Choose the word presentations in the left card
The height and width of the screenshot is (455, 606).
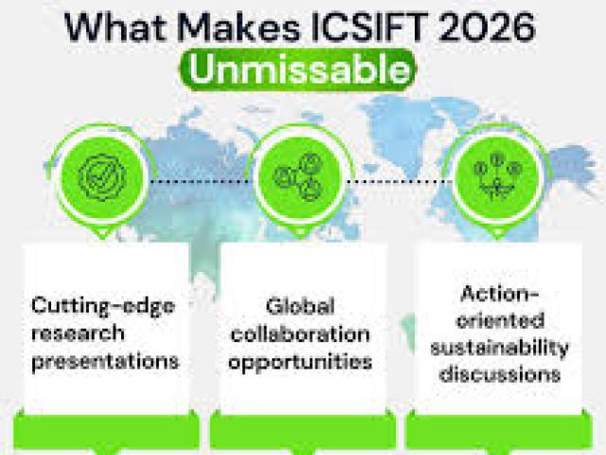(x=105, y=361)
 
